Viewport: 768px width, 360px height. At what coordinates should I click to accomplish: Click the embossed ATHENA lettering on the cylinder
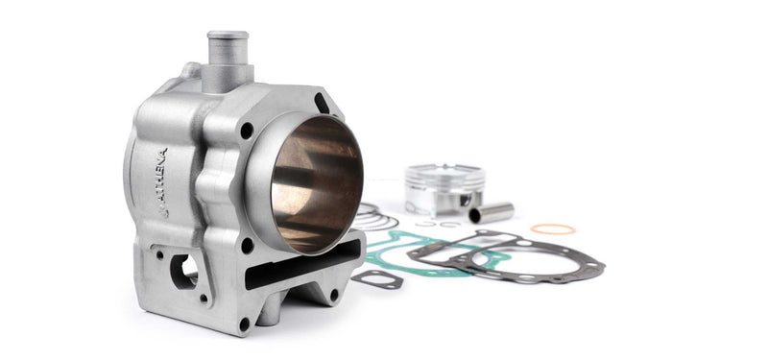tap(161, 182)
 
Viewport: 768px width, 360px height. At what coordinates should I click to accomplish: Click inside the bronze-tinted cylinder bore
tap(317, 183)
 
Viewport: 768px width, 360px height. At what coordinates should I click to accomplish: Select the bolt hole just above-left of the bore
tap(247, 131)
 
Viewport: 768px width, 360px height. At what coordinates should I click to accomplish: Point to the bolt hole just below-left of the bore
tap(248, 245)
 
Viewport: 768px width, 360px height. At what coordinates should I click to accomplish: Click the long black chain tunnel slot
tap(302, 265)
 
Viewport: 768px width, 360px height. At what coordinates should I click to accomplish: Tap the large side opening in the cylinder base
tap(183, 271)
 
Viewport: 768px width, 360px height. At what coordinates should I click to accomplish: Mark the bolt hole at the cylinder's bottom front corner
tap(244, 324)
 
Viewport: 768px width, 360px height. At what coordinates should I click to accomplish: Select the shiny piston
tap(444, 189)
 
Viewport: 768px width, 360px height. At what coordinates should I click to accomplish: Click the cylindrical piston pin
tap(492, 212)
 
